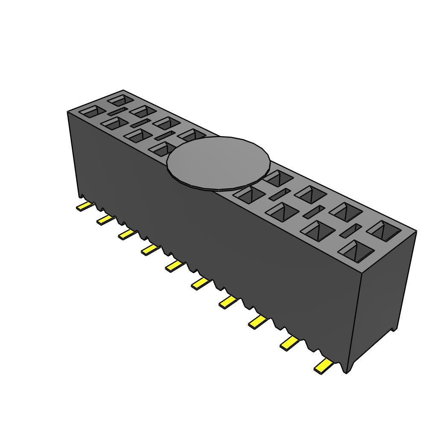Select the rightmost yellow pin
(x=323, y=366)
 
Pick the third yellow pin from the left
(x=127, y=233)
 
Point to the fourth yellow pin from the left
(x=150, y=249)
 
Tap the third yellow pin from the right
(x=258, y=322)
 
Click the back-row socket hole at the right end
(x=384, y=230)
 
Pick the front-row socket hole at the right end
(x=356, y=251)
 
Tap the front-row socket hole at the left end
(x=92, y=112)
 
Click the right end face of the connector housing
(x=382, y=299)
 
